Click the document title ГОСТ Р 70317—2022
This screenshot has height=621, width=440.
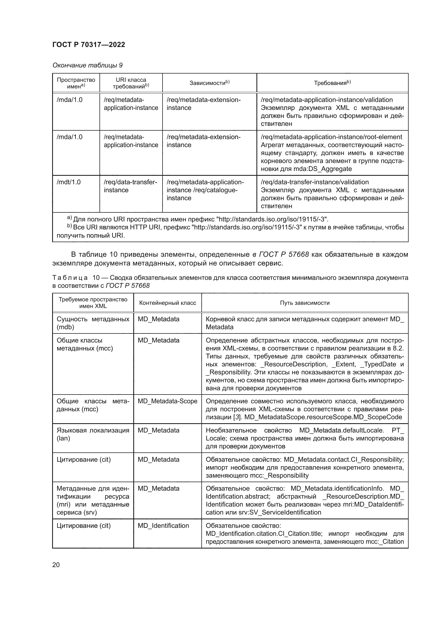89,45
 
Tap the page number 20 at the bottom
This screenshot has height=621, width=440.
56,565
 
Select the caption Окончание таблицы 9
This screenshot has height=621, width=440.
87,65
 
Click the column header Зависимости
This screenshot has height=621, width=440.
209,83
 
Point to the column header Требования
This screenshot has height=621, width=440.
332,83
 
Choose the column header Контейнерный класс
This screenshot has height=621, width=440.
167,303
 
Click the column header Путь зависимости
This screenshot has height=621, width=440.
305,303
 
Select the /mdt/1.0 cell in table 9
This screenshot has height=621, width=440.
69,182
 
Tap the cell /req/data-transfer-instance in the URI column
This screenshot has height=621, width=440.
130,186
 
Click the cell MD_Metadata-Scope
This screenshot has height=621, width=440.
167,401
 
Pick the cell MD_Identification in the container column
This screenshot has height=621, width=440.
163,525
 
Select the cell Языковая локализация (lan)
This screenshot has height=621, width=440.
93,434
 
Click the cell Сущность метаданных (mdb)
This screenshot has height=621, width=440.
93,323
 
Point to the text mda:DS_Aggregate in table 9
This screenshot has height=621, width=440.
322,169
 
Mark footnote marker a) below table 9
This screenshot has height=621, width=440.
69,218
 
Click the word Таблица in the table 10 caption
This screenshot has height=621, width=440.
70,278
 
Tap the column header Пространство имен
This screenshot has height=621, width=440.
76,83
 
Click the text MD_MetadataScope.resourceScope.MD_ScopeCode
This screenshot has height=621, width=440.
323,417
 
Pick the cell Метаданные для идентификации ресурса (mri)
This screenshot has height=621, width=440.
93,500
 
